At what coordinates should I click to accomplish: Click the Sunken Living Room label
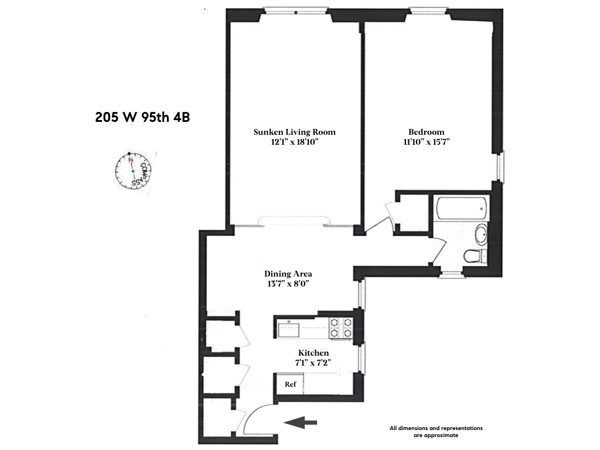[294, 132]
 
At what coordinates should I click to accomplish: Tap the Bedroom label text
[426, 132]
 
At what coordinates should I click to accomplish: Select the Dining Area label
[288, 274]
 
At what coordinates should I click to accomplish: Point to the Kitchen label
[313, 353]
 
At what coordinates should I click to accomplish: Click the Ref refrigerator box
[291, 384]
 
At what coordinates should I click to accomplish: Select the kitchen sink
[289, 329]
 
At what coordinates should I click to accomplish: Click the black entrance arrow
[299, 422]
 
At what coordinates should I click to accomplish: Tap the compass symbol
[134, 171]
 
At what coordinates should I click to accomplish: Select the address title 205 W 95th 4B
[142, 117]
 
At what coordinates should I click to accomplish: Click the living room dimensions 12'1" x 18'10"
[294, 142]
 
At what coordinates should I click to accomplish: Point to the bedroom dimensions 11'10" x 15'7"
[426, 142]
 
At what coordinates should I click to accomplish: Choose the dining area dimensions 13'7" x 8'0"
[288, 284]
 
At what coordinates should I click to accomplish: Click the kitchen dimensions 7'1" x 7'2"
[313, 363]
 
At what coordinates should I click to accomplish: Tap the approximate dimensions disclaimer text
[436, 432]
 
